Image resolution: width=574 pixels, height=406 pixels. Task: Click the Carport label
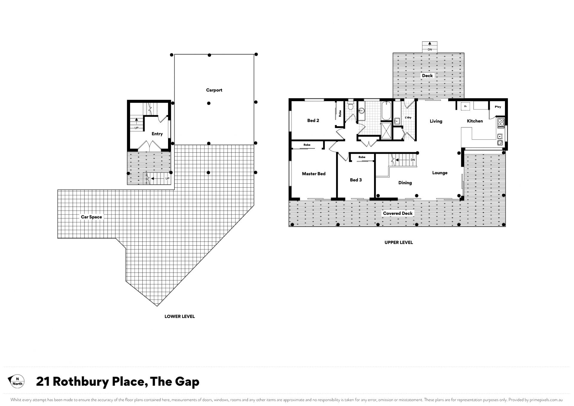point(214,90)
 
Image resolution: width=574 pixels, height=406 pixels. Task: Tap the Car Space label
point(91,217)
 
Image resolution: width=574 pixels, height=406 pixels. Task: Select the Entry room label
point(157,134)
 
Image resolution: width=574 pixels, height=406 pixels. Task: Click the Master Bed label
point(314,174)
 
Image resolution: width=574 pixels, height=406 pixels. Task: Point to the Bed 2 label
point(313,121)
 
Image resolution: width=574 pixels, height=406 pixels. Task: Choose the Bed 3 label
point(356,180)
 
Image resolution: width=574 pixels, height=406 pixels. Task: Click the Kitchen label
point(475,121)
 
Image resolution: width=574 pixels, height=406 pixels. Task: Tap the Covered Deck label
point(398,213)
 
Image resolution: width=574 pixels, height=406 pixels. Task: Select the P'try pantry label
point(498,107)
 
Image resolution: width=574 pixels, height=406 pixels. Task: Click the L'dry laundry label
point(408,118)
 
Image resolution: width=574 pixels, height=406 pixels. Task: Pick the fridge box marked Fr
point(465,107)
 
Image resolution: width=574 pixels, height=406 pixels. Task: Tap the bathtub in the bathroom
point(386,111)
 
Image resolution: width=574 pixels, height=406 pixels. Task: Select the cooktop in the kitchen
point(501,123)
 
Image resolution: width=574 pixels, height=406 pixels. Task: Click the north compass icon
point(17,381)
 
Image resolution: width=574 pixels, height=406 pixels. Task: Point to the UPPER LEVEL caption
point(399,242)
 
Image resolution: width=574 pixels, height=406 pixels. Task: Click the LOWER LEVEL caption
point(179,316)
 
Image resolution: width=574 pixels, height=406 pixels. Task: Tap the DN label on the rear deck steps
point(430,49)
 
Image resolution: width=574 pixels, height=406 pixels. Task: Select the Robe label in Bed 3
point(362,157)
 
